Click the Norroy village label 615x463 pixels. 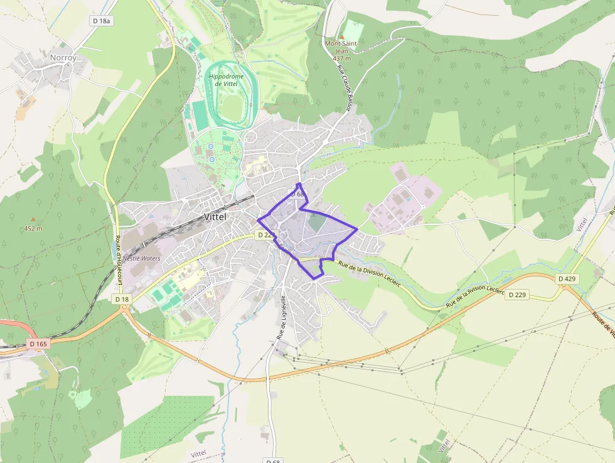63,58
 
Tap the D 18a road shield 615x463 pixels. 101,21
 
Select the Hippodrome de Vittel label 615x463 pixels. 225,80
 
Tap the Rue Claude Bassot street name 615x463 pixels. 344,89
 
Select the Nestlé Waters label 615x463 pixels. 141,258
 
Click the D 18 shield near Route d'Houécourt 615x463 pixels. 122,300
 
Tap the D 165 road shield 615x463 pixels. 39,344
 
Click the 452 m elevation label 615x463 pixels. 33,228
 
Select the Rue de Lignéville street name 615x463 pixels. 282,317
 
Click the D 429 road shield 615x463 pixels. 567,278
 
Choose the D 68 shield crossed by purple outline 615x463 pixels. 297,194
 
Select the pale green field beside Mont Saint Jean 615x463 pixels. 353,30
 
